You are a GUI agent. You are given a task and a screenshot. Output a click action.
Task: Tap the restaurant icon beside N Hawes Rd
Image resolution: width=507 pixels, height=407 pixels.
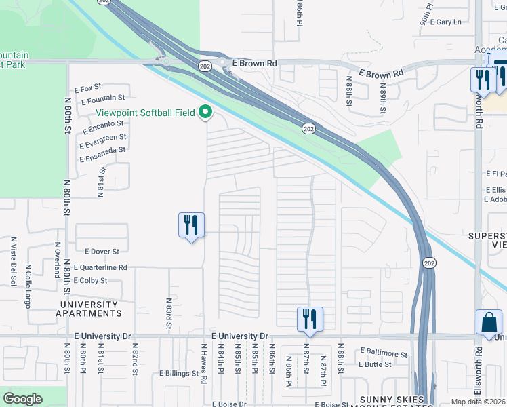point(191,225)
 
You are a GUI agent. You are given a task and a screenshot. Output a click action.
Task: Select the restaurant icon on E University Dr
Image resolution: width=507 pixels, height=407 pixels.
point(310,319)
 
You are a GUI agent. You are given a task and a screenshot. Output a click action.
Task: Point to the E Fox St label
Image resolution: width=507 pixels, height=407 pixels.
point(88,88)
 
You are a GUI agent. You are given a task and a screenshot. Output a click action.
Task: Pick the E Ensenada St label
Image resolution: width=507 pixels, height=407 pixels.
point(102,155)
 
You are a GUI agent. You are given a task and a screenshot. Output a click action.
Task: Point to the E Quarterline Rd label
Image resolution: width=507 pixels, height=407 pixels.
point(100,267)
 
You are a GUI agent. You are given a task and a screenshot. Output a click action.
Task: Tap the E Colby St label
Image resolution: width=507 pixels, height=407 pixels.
point(91,280)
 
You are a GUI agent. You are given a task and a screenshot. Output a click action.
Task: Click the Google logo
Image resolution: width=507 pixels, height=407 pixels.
point(22,399)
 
